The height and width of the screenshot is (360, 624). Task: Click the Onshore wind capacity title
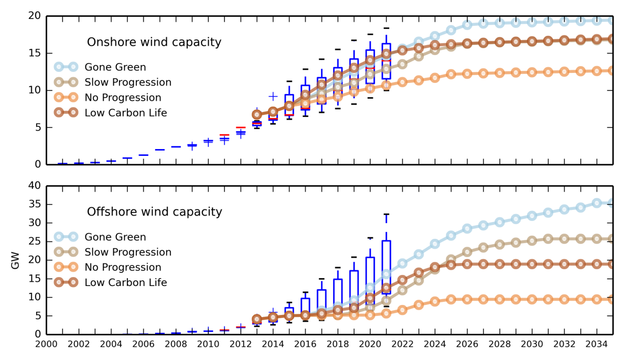click(154, 42)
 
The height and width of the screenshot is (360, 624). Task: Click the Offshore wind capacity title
click(154, 212)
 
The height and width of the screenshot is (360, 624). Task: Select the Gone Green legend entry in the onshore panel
click(115, 67)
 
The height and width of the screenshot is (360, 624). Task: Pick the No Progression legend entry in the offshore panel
click(123, 267)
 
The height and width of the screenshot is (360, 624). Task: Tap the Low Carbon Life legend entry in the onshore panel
click(126, 113)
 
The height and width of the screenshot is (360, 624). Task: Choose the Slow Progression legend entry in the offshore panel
click(128, 252)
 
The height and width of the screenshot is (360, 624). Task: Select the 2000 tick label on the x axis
click(46, 344)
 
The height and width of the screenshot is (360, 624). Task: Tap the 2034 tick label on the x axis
click(596, 344)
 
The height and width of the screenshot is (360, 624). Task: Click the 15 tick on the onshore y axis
click(35, 53)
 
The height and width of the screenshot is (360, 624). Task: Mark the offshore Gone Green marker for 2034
click(597, 203)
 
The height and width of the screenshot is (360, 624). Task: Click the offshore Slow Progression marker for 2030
click(532, 240)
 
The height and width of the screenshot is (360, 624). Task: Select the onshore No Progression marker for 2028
click(500, 73)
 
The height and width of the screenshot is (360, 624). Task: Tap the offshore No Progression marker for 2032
click(564, 299)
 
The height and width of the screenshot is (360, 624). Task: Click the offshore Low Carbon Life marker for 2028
click(500, 264)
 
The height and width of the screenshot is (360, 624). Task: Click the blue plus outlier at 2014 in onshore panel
click(273, 96)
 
